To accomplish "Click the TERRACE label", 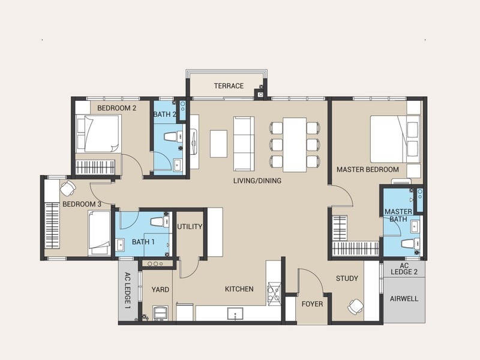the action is tap(229, 86).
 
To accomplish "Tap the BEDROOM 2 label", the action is tap(116, 108).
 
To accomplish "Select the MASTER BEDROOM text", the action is tap(368, 169).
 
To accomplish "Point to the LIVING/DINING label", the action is tap(257, 181).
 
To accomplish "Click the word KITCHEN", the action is tap(239, 289).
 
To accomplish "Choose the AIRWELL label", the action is tap(404, 299).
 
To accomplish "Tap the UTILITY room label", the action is tap(190, 227).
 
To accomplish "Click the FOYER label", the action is tap(312, 304).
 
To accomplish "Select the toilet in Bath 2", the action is tap(173, 137).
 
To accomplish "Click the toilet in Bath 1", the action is tap(160, 221).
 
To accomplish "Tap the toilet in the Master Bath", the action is tap(410, 244).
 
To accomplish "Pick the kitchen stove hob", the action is tap(274, 293).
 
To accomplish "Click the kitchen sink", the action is tap(235, 314).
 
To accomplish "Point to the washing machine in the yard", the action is tap(160, 313).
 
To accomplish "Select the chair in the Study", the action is tap(355, 307).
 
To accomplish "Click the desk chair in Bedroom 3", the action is tap(68, 188).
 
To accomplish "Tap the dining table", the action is tap(295, 145).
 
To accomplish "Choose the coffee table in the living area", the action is tap(218, 144).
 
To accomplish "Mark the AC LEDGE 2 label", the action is tap(404, 269).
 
